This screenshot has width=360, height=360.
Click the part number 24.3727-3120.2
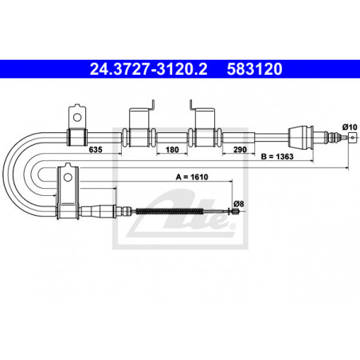[x=148, y=69]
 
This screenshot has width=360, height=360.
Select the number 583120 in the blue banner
[x=254, y=69]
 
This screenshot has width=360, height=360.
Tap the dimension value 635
[x=96, y=150]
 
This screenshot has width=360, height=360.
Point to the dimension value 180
[x=172, y=150]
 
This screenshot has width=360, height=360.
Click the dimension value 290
[x=240, y=150]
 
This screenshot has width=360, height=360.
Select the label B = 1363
[x=277, y=157]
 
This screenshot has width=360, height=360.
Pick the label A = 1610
[x=192, y=177]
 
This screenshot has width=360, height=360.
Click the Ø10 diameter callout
[x=350, y=127]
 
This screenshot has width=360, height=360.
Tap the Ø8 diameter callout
[x=239, y=204]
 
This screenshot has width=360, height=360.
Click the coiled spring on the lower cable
[x=170, y=211]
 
